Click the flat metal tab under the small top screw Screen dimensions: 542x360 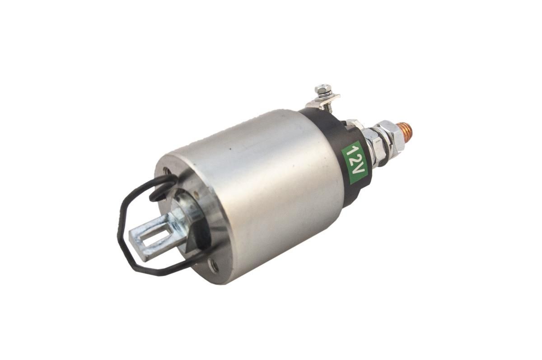323,101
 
